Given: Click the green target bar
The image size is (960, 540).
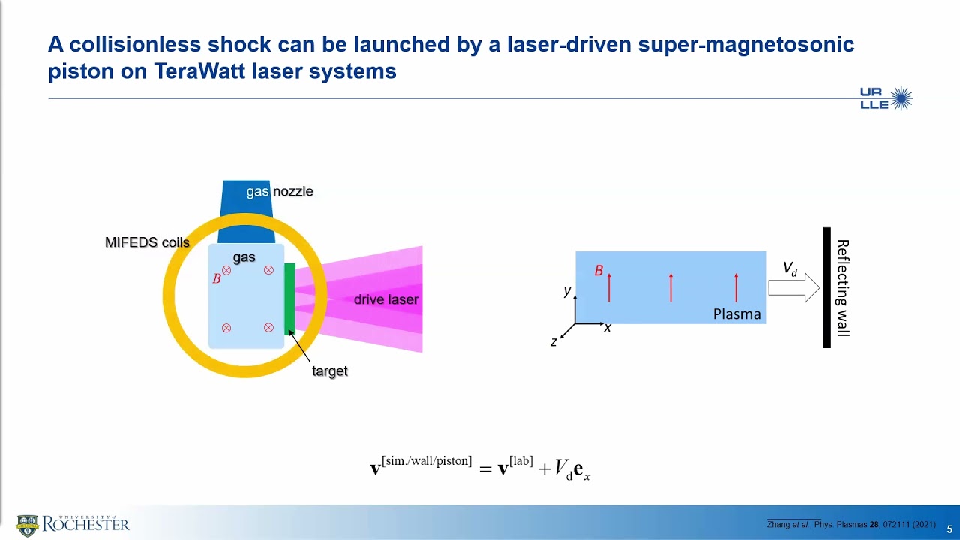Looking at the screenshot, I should (x=289, y=298).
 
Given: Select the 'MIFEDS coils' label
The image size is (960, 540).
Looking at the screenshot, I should (x=147, y=242).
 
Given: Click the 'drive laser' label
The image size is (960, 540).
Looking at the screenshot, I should (x=385, y=299).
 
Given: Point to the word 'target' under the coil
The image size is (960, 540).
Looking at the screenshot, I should (x=329, y=370).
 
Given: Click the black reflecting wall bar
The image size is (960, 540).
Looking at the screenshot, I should (x=827, y=287).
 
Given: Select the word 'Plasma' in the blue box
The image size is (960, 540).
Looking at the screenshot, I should (x=736, y=314).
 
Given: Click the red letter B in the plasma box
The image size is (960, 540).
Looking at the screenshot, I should (x=598, y=271).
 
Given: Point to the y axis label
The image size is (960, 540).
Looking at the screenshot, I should (x=568, y=290).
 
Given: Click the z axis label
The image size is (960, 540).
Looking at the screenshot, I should (x=553, y=342).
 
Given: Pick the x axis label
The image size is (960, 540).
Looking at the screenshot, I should (x=607, y=328).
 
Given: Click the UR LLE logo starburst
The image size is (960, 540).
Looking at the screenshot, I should (x=901, y=98).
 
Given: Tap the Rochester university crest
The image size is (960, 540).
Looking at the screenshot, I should (x=27, y=525).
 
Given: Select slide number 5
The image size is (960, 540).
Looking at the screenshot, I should (x=949, y=529).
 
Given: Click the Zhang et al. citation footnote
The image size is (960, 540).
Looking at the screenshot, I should (x=850, y=524).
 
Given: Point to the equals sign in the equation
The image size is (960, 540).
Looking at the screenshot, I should (x=484, y=469).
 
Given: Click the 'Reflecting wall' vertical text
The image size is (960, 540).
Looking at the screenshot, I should (x=843, y=287).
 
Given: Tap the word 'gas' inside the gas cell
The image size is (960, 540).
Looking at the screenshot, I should (x=244, y=257).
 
